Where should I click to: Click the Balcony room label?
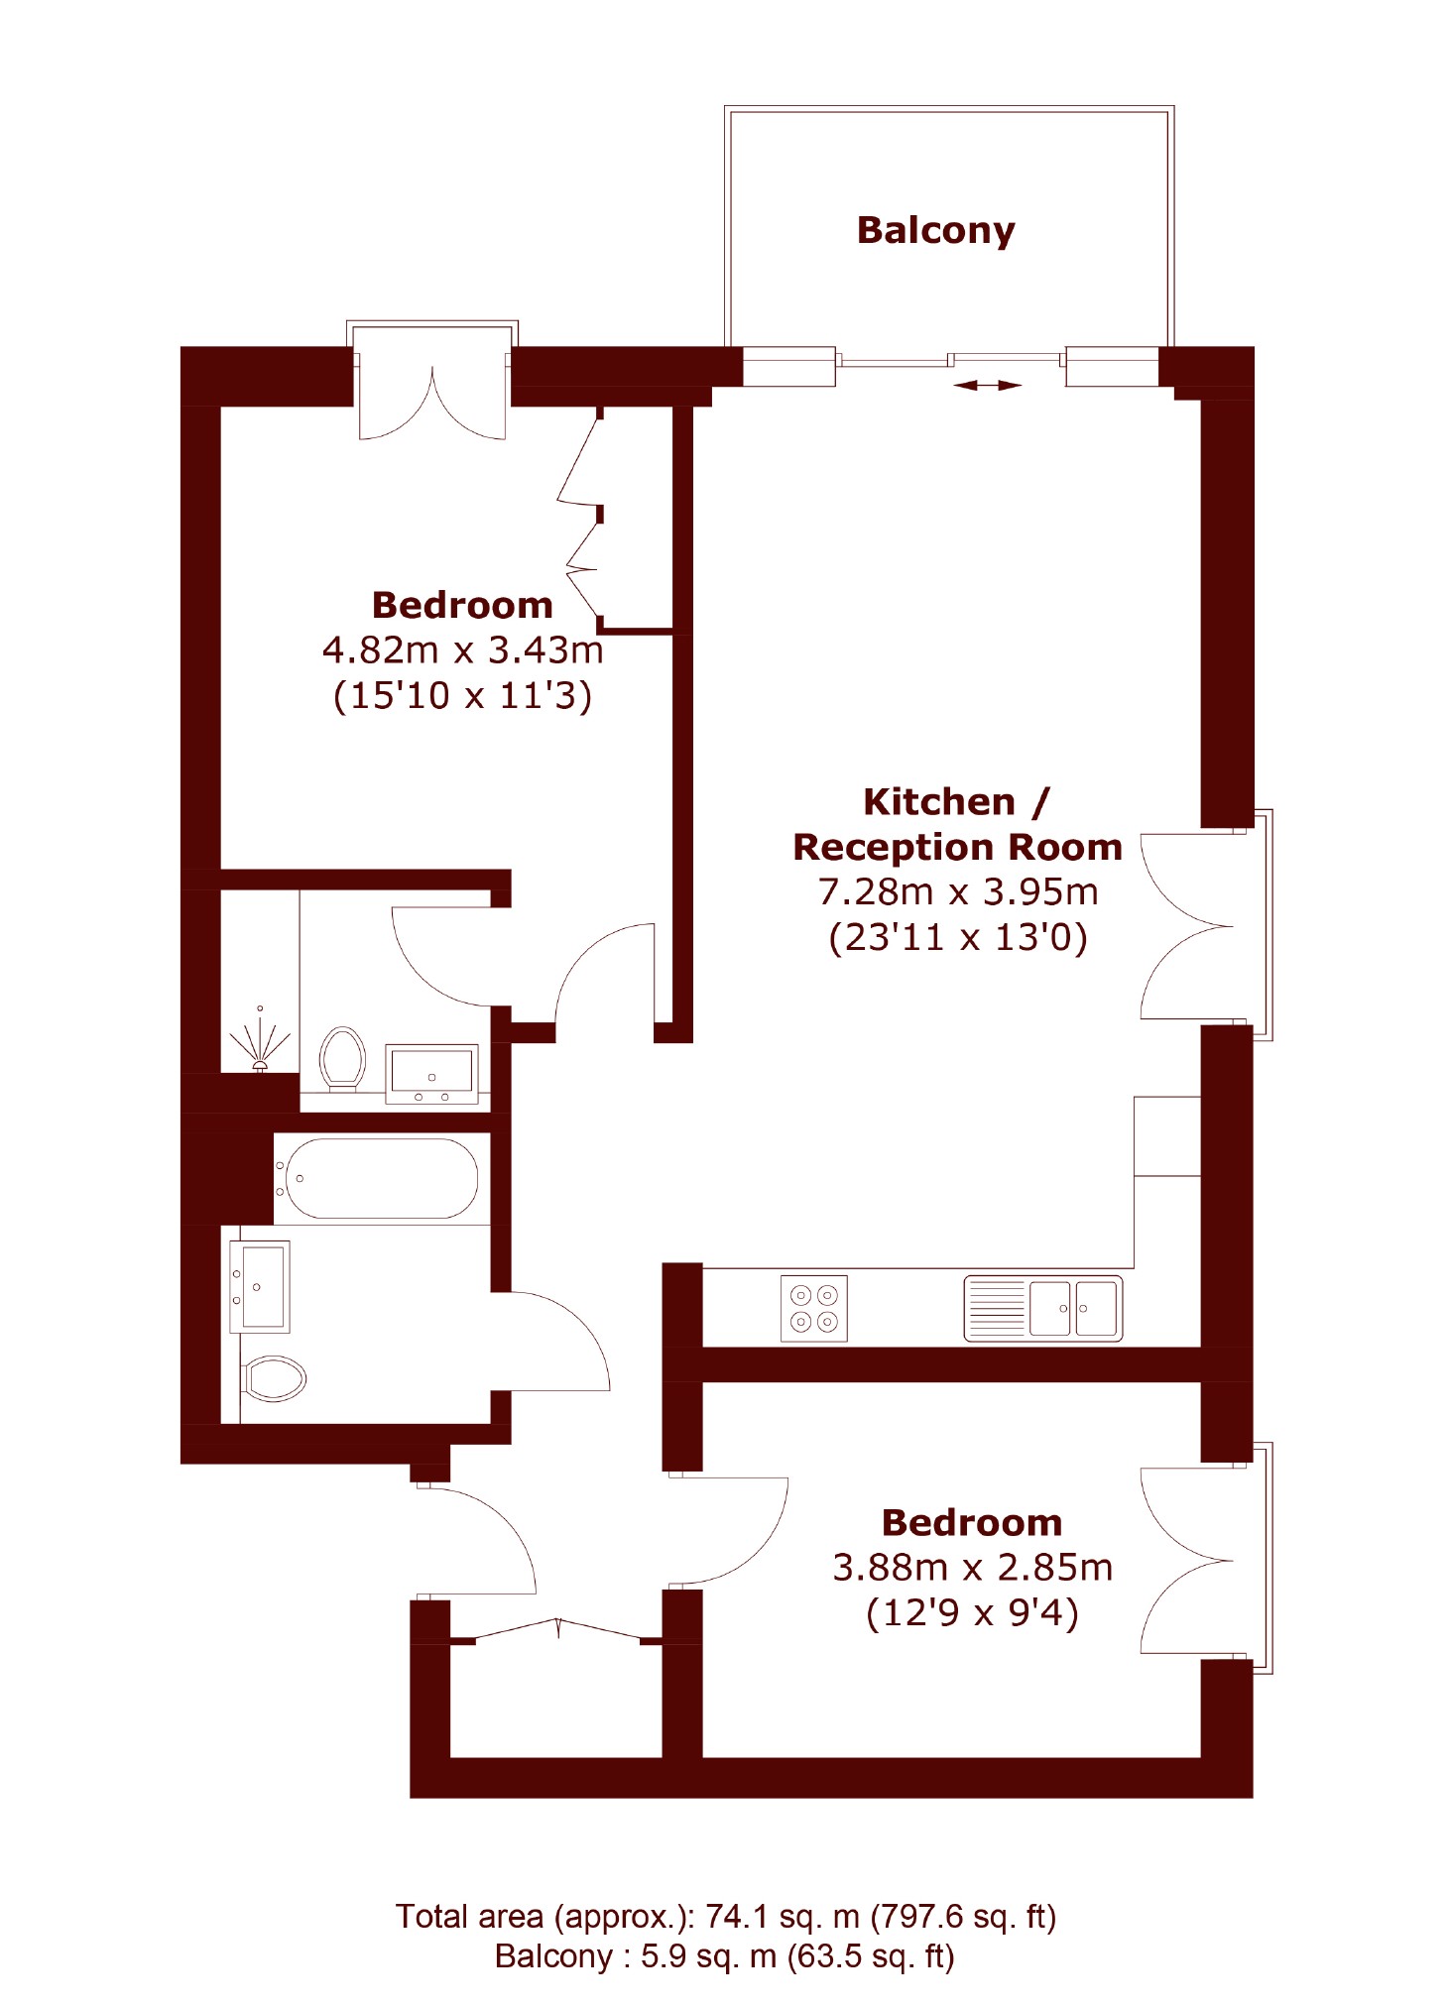[x=935, y=230]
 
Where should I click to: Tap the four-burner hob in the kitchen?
[x=813, y=1308]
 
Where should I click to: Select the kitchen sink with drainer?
[x=1042, y=1308]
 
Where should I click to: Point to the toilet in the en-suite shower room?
[x=342, y=1058]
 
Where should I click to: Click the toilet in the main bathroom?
[x=275, y=1377]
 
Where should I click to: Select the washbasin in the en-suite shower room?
[x=431, y=1074]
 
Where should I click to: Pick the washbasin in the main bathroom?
[x=260, y=1286]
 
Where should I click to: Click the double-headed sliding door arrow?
[x=987, y=385]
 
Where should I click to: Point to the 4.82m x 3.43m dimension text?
[x=462, y=650]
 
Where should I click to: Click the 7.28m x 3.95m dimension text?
[x=958, y=892]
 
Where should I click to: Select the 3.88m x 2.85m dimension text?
[x=972, y=1568]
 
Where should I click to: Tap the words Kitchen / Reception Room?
[x=957, y=824]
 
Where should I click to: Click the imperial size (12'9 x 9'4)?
[x=972, y=1613]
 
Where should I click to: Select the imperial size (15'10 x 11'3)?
[x=462, y=695]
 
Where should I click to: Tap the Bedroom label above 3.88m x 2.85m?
[x=972, y=1522]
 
